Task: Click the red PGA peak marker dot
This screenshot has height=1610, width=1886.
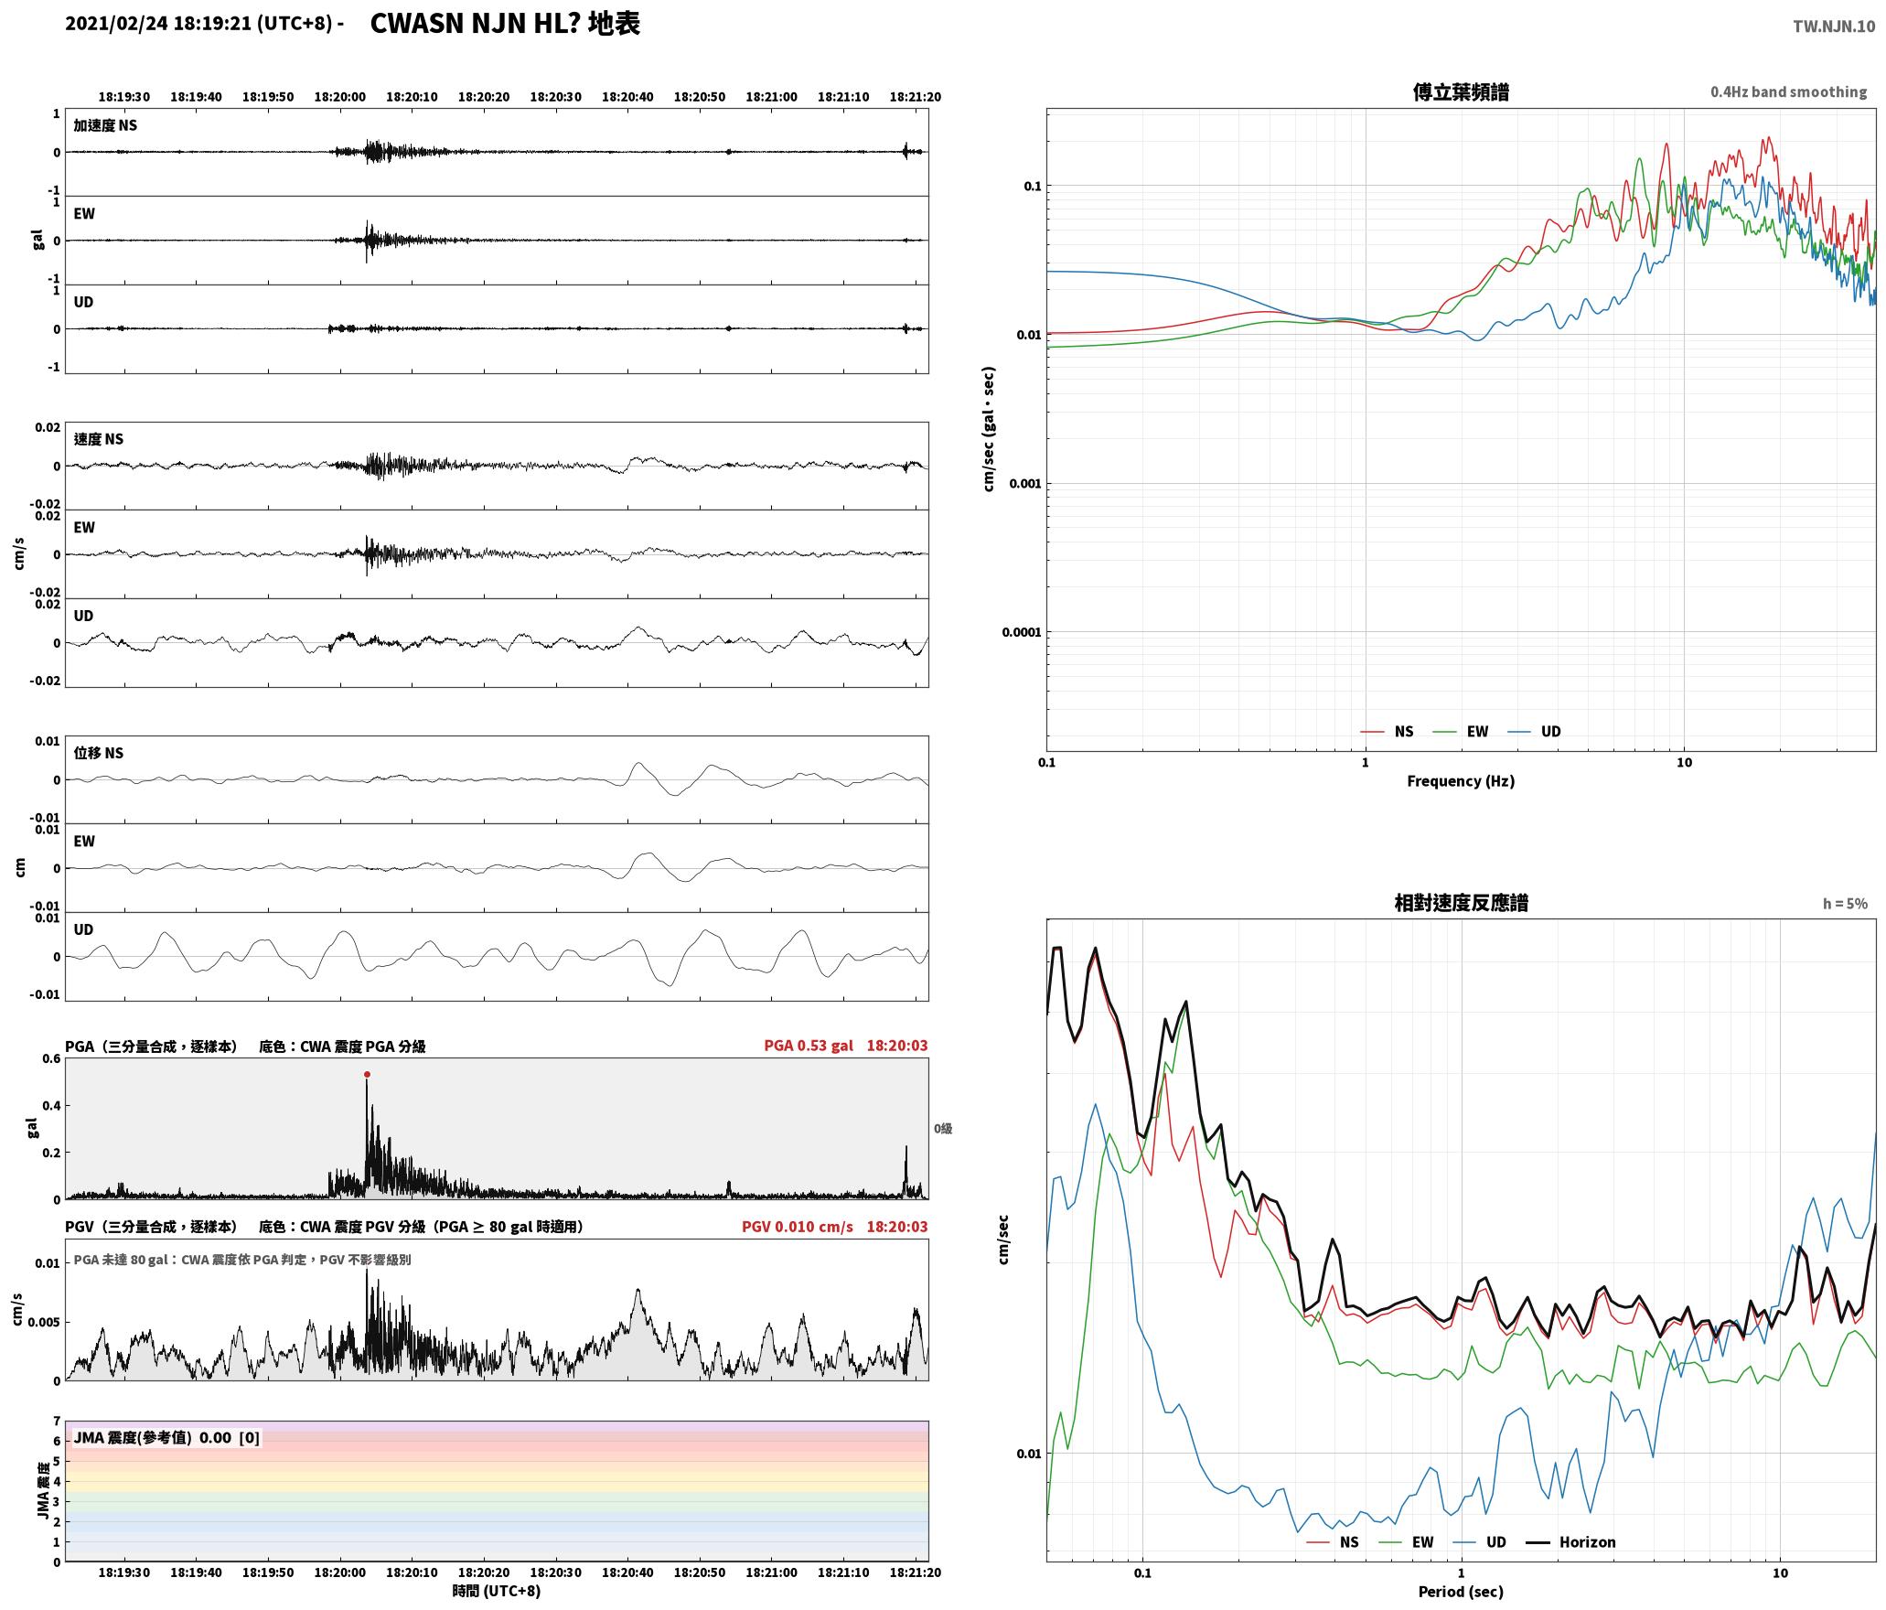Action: click(x=367, y=1075)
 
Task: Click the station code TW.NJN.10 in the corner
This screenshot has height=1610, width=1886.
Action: click(x=1834, y=27)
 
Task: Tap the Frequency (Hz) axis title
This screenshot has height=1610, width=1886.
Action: click(x=1461, y=781)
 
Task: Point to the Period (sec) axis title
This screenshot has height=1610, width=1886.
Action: click(x=1461, y=1592)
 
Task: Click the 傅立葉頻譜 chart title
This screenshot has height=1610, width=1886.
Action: click(x=1461, y=92)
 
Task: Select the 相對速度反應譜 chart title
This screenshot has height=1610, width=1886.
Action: click(x=1461, y=903)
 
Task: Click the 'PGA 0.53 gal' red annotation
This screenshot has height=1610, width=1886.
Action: click(x=809, y=1046)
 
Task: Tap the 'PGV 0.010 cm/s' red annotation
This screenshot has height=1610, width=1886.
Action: click(x=798, y=1227)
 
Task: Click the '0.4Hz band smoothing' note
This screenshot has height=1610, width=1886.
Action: click(x=1789, y=92)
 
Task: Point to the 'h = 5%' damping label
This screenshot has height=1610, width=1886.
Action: click(x=1845, y=904)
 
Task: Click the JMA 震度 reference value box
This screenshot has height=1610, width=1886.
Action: click(x=166, y=1438)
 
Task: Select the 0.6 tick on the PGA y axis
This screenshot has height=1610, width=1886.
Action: click(x=51, y=1059)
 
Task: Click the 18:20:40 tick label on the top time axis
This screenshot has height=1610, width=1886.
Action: click(x=627, y=97)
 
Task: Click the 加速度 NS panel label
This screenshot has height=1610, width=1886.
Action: click(x=105, y=125)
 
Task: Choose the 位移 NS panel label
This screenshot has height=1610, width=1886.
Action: click(x=99, y=753)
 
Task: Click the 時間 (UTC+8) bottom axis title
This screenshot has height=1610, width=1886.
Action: click(x=497, y=1591)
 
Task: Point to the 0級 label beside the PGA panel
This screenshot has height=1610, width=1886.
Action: click(x=943, y=1129)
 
